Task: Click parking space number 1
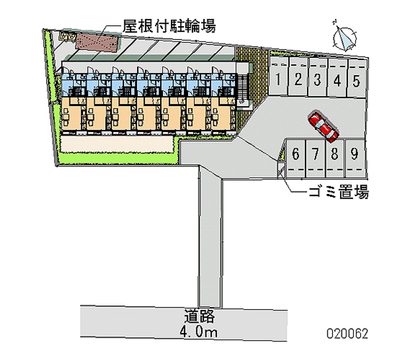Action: point(279,79)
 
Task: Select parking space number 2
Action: point(298,79)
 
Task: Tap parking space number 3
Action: point(317,79)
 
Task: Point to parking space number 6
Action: point(296,154)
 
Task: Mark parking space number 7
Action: point(315,154)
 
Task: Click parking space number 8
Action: point(335,154)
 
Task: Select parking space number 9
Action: point(354,154)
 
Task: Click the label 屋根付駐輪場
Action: point(169,26)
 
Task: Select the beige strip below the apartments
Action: point(116,145)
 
